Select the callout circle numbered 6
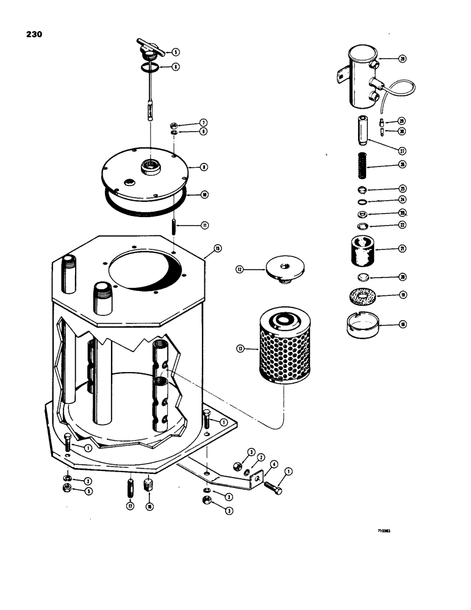pos(176,67)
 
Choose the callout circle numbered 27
pos(402,150)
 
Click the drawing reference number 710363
pos(383,531)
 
